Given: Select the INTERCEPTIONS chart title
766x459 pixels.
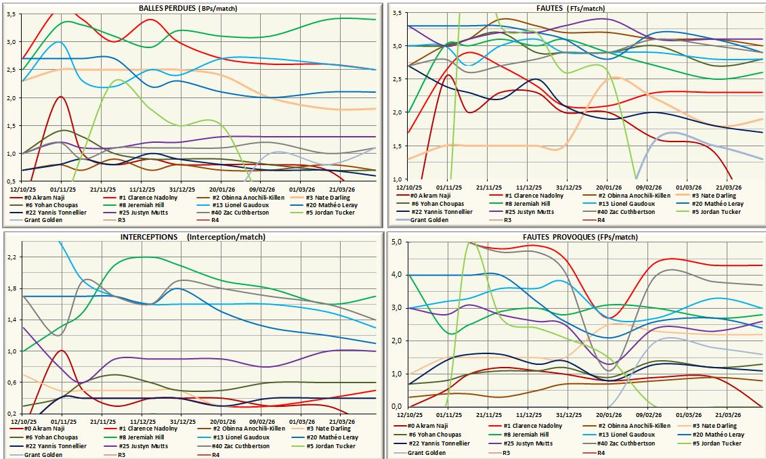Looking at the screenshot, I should coord(193,237).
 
